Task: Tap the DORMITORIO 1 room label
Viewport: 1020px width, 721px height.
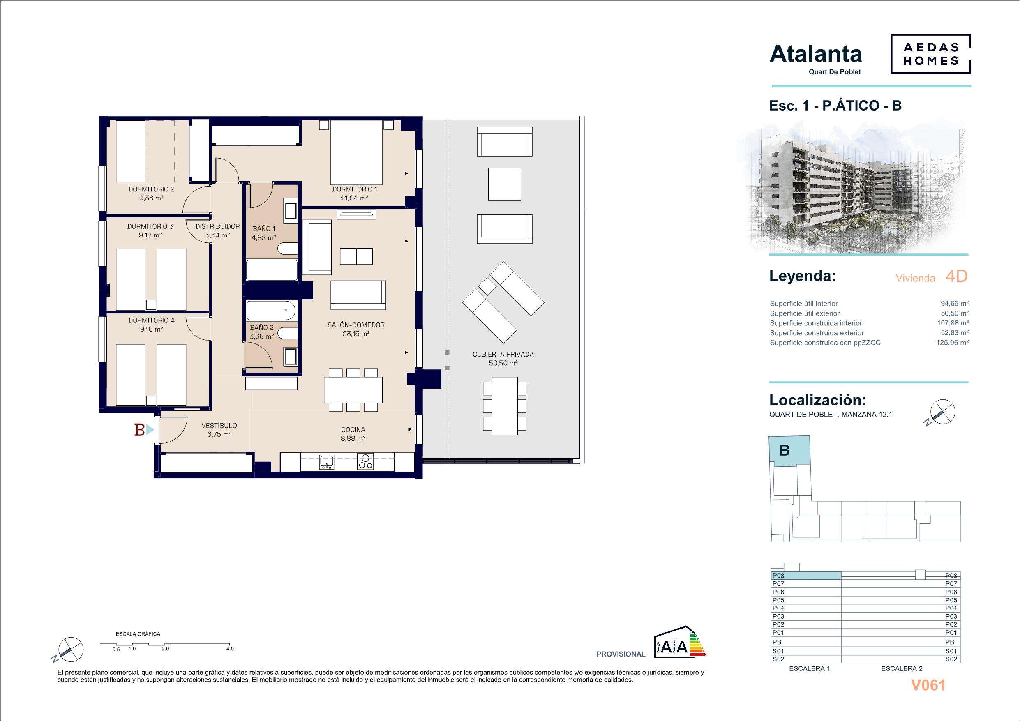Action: coord(355,189)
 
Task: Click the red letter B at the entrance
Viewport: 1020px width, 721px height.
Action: coord(139,430)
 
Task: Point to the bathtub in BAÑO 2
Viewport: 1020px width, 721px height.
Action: coord(270,311)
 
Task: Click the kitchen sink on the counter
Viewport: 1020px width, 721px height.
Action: coord(327,462)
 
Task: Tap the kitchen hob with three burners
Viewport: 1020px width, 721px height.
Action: coord(366,462)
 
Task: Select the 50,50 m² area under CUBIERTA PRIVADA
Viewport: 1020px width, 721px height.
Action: coord(503,363)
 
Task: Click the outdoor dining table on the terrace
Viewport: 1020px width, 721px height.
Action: coord(504,406)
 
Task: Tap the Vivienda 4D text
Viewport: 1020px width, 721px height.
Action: coord(931,277)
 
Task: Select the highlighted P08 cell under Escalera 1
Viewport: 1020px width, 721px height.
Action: coord(806,576)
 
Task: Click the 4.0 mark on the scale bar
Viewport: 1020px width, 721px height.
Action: coord(230,649)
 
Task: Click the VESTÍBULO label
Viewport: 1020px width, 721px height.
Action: coord(219,426)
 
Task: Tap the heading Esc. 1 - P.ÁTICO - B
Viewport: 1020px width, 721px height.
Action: coord(835,106)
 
